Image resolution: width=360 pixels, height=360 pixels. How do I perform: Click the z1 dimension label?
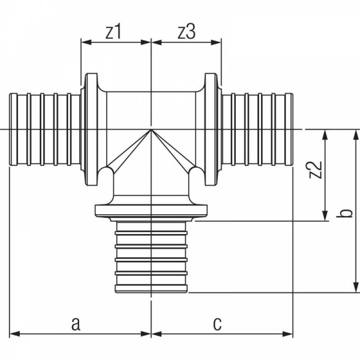click(x=113, y=32)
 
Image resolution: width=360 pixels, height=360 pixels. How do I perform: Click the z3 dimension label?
click(x=186, y=32)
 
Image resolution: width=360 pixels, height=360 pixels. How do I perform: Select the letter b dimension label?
click(x=345, y=213)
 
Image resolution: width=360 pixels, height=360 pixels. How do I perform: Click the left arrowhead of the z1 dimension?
click(x=86, y=42)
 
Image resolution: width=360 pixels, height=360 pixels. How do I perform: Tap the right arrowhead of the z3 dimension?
click(x=216, y=42)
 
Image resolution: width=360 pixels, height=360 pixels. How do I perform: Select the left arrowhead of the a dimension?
click(x=14, y=334)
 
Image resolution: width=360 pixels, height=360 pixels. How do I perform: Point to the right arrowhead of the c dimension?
click(x=287, y=334)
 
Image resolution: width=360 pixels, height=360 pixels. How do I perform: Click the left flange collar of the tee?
click(x=91, y=129)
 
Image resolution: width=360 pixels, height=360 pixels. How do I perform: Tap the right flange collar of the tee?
click(x=211, y=129)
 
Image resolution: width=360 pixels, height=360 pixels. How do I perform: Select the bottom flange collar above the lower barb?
click(x=151, y=211)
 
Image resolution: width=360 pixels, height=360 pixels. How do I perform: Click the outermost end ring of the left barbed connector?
click(x=14, y=129)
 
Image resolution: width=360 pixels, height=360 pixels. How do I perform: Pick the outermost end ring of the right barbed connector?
click(x=289, y=129)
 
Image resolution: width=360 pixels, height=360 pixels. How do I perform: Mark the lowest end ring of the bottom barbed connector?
click(x=151, y=289)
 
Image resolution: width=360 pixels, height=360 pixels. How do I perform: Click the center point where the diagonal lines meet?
click(x=151, y=130)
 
